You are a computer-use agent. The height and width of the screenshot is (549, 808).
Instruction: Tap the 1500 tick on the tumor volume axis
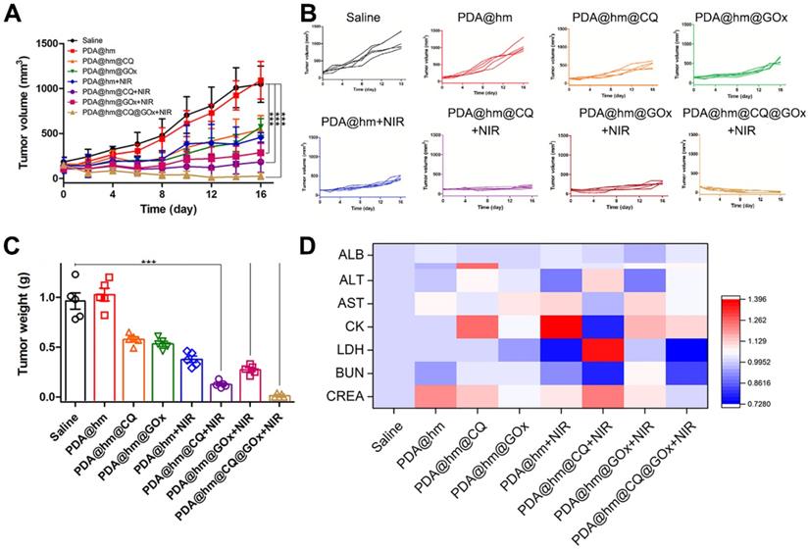[44, 43]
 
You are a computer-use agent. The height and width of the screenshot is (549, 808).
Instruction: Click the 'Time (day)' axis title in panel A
[160, 210]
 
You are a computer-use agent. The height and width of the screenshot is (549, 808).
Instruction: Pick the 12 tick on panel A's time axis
[211, 193]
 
